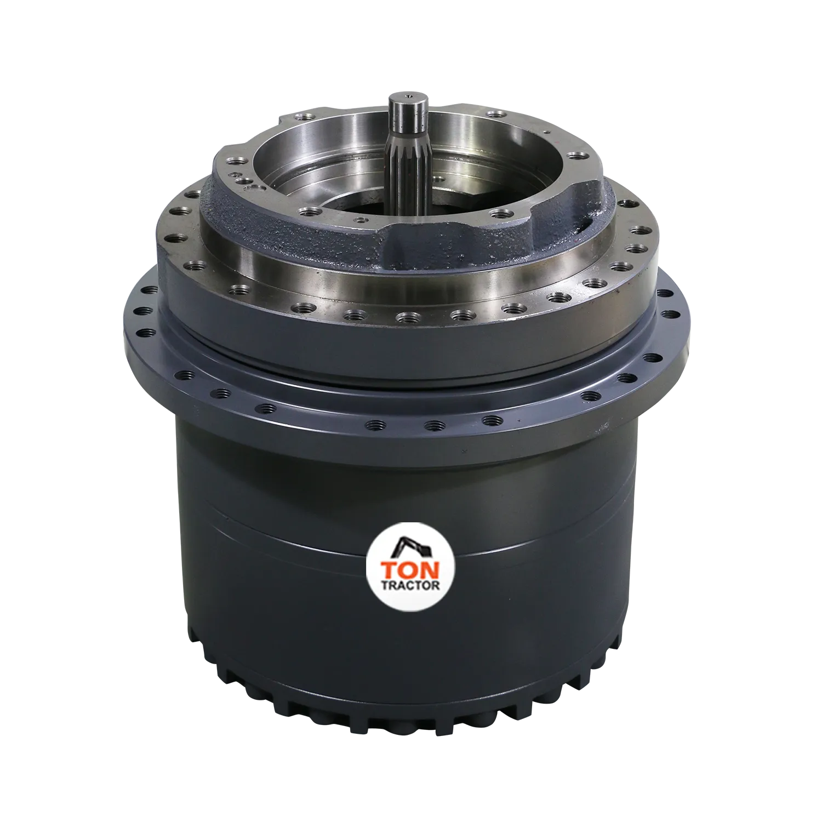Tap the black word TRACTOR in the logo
tap(411, 585)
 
